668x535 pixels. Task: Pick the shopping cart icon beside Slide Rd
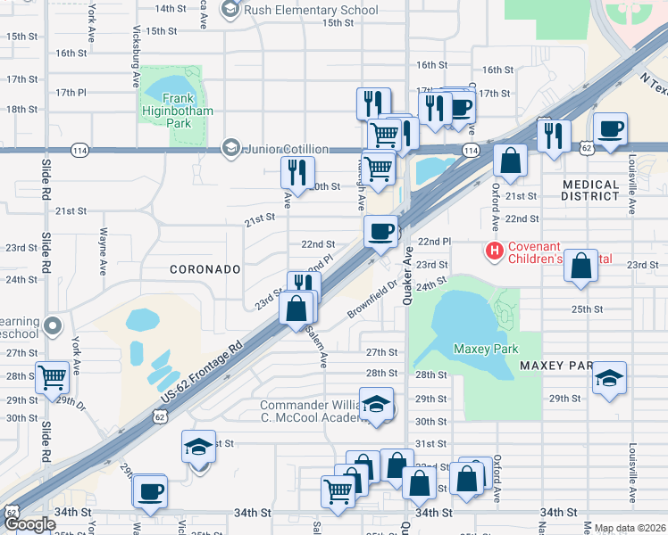click(x=52, y=377)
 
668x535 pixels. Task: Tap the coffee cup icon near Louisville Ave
click(x=610, y=128)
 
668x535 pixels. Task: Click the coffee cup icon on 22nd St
click(x=380, y=231)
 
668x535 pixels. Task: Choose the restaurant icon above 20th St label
click(x=297, y=170)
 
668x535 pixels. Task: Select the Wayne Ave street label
click(x=104, y=241)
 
